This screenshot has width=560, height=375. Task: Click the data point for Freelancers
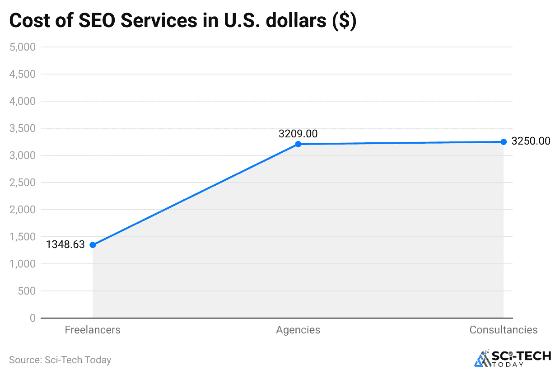pyautogui.click(x=93, y=245)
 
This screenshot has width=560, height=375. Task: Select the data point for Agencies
pyautogui.click(x=298, y=144)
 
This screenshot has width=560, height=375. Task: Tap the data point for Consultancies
pyautogui.click(x=504, y=142)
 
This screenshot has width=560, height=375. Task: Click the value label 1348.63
pyautogui.click(x=65, y=244)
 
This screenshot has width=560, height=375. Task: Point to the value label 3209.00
pyautogui.click(x=298, y=134)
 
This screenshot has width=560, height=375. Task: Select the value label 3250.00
pyautogui.click(x=531, y=141)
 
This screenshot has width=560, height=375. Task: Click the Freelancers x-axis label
pyautogui.click(x=93, y=330)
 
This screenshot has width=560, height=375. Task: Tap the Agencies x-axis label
pyautogui.click(x=298, y=330)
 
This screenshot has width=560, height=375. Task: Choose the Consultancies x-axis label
pyautogui.click(x=504, y=330)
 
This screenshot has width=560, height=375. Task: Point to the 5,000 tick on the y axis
pyautogui.click(x=22, y=47)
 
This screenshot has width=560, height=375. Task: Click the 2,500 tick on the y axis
pyautogui.click(x=22, y=183)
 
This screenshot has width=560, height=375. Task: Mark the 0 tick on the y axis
pyautogui.click(x=32, y=318)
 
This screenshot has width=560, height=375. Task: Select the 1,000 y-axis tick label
pyautogui.click(x=22, y=264)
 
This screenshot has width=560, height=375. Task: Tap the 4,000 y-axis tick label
pyautogui.click(x=22, y=101)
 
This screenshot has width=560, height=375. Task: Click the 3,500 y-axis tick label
pyautogui.click(x=22, y=128)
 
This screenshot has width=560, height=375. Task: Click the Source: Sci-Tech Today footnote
pyautogui.click(x=60, y=360)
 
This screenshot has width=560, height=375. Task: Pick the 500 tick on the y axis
pyautogui.click(x=27, y=291)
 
